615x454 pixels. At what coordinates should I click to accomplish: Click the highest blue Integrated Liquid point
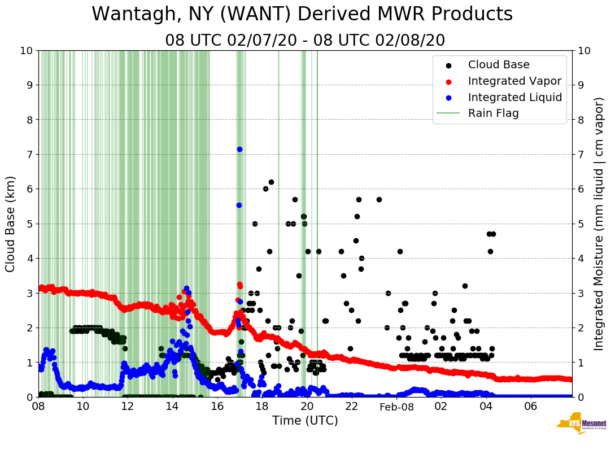pyautogui.click(x=239, y=149)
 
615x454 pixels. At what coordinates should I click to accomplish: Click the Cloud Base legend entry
pyautogui.click(x=499, y=65)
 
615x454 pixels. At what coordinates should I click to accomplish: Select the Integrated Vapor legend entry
pyautogui.click(x=514, y=81)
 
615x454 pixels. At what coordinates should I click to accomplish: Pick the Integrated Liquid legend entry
pyautogui.click(x=514, y=97)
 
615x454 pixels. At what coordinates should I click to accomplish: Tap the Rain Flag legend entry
pyautogui.click(x=493, y=113)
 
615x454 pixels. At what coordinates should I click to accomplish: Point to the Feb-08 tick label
pyautogui.click(x=396, y=407)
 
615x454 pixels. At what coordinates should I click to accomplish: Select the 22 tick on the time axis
pyautogui.click(x=351, y=406)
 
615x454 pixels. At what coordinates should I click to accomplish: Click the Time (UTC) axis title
pyautogui.click(x=305, y=421)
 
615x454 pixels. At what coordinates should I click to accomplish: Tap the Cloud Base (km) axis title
pyautogui.click(x=11, y=224)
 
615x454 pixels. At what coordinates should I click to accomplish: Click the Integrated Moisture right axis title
pyautogui.click(x=599, y=224)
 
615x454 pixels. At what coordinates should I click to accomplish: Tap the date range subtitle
pyautogui.click(x=305, y=41)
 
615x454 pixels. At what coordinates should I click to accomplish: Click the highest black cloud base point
pyautogui.click(x=271, y=182)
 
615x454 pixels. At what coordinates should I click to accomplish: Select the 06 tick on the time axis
pyautogui.click(x=530, y=406)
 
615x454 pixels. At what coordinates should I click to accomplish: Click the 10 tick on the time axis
pyautogui.click(x=83, y=406)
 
